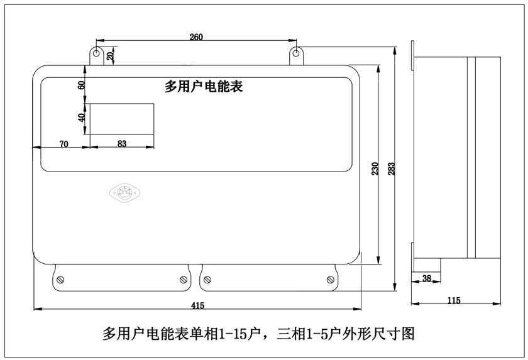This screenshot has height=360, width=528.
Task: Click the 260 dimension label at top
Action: coord(196,36)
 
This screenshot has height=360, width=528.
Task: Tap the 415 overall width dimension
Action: coord(197,305)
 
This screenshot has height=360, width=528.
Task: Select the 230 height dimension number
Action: coord(375,168)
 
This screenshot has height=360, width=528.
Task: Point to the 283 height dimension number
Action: coord(391,169)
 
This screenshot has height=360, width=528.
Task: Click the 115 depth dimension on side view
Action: coord(454,300)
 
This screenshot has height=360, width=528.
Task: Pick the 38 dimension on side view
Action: coord(427,278)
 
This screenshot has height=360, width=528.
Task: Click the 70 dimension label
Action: coord(63,144)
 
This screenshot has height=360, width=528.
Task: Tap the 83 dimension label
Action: coord(122,144)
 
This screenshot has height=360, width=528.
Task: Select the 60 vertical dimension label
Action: coord(81,85)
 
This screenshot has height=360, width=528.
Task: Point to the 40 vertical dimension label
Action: coord(81,117)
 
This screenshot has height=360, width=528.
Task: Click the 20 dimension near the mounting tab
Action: coord(111,55)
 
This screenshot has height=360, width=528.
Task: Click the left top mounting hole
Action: coord(96,53)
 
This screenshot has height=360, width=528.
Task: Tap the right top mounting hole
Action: coord(296,53)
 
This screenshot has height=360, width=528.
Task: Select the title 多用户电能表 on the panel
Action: coord(204,87)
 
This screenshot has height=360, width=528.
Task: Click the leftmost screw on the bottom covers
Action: coord(60,279)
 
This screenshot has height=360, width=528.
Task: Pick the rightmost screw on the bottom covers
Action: coord(330,279)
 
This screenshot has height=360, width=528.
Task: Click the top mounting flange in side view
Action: coord(412,55)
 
